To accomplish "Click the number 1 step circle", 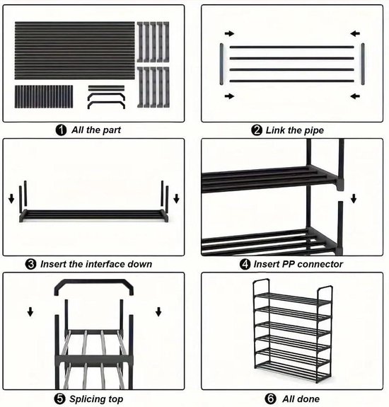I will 62,130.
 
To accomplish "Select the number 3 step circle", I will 31,264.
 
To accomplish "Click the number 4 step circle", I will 245,264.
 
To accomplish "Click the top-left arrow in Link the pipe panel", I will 229,33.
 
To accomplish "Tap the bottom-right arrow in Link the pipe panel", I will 354,96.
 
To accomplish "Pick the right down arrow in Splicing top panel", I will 158,311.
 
